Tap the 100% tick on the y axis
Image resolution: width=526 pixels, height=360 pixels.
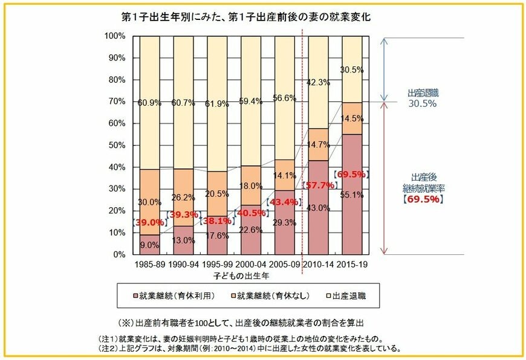[115, 36]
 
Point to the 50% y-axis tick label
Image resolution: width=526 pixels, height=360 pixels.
[117, 146]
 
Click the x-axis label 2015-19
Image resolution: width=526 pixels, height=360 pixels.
[352, 265]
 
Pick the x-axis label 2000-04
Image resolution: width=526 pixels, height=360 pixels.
[251, 265]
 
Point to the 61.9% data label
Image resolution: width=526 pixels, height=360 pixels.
[216, 104]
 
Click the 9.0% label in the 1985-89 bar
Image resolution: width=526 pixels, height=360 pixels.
[149, 245]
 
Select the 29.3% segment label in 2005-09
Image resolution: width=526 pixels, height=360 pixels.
[284, 223]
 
